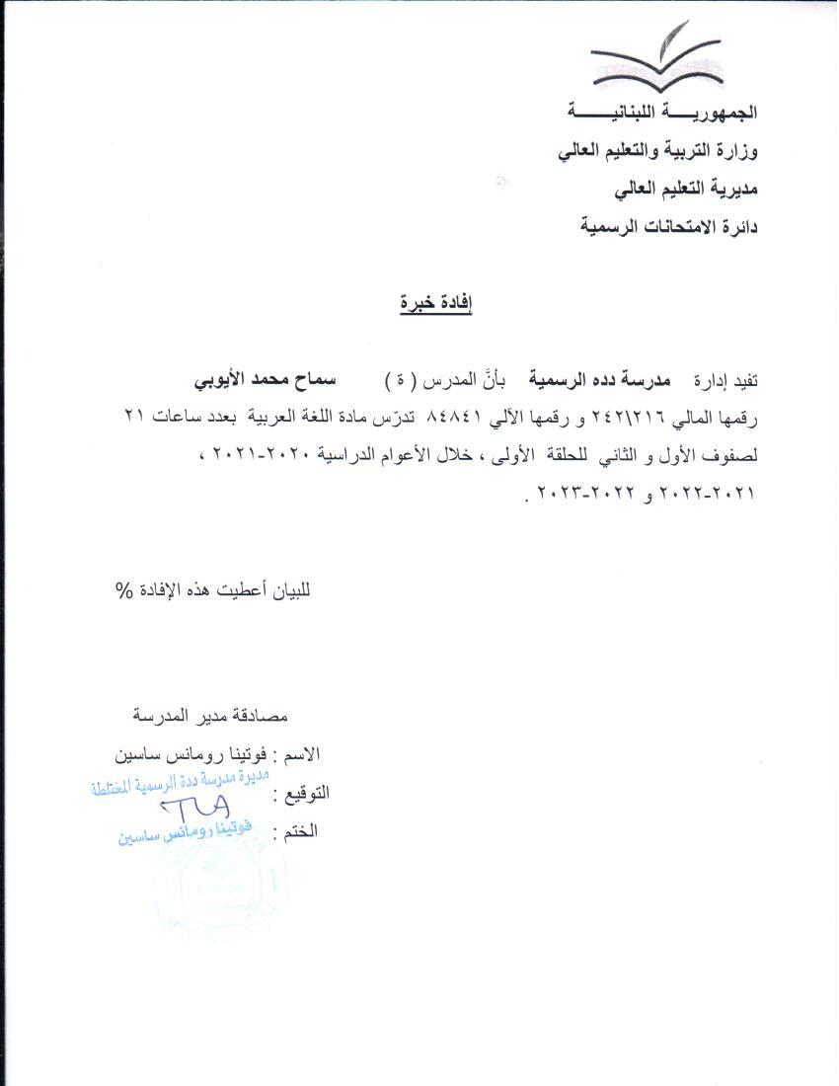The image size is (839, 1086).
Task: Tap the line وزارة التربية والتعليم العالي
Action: point(658,151)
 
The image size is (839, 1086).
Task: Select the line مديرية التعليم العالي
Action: point(685,189)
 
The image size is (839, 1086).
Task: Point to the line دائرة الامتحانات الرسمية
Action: point(667,227)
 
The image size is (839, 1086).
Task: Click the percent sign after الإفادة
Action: point(123,590)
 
